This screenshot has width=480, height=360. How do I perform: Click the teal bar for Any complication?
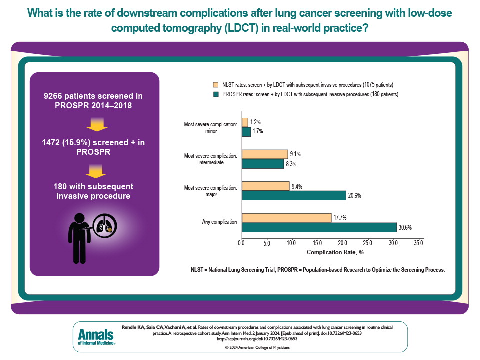[x=319, y=228]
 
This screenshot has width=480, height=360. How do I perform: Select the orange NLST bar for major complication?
[x=265, y=186]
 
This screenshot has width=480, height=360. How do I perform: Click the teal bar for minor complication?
[x=246, y=132]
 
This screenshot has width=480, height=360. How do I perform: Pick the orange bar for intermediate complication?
[x=264, y=154]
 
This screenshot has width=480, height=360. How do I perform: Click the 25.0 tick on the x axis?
[x=368, y=243]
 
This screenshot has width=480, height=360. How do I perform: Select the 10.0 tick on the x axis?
[x=292, y=243]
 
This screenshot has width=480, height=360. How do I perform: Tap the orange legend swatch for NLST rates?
[x=216, y=85]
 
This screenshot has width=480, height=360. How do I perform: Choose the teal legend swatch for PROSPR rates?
[x=216, y=94]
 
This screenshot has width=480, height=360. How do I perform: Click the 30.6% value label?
[x=405, y=228]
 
